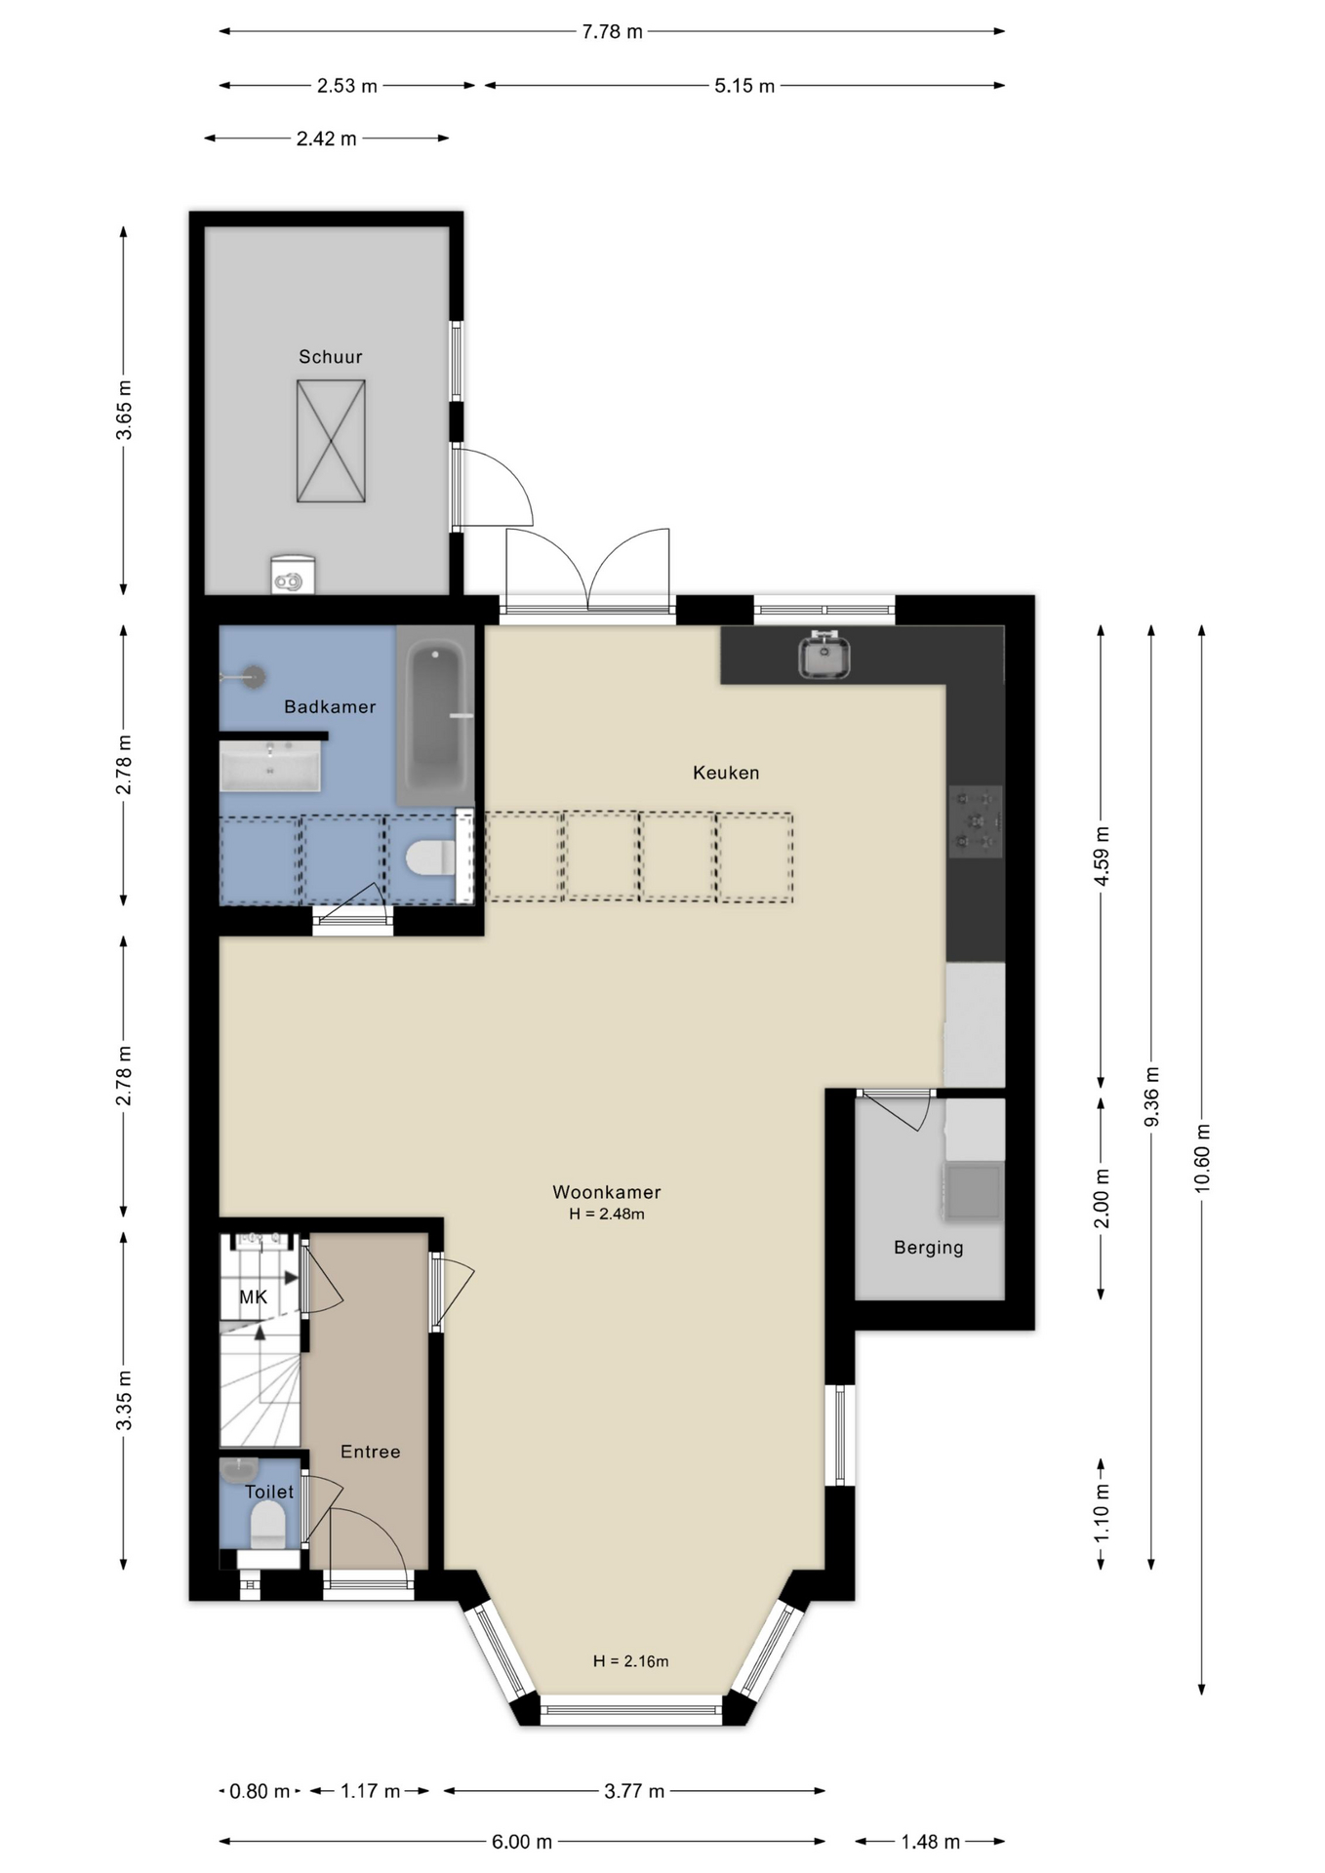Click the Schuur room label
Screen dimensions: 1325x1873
point(330,357)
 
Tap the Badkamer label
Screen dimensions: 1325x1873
point(330,706)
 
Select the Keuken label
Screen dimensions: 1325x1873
point(726,773)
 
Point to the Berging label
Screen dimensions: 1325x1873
point(929,1248)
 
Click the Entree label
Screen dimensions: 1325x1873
point(370,1452)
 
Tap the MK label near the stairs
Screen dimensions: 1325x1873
point(254,1296)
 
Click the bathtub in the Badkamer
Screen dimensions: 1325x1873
point(435,716)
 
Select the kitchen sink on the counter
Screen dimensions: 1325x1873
point(824,654)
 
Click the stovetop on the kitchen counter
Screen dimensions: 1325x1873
point(976,821)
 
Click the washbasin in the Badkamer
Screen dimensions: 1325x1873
point(270,766)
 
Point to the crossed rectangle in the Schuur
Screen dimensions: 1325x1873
point(331,441)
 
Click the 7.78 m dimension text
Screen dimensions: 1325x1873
point(613,32)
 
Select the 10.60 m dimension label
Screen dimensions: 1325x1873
point(1202,1157)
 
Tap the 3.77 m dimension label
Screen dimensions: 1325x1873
point(634,1791)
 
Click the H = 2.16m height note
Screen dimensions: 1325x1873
point(630,1661)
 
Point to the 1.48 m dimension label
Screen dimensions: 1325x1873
point(930,1842)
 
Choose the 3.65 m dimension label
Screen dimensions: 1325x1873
point(124,410)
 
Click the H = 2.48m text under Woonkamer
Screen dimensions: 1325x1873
point(607,1215)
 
